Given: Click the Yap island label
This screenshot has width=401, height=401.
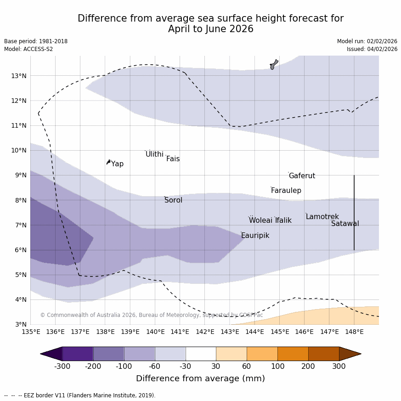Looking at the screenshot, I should pyautogui.click(x=117, y=164).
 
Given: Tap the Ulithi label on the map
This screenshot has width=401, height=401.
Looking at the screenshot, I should pyautogui.click(x=154, y=154).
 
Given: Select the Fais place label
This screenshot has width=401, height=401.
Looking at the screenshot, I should pyautogui.click(x=173, y=159).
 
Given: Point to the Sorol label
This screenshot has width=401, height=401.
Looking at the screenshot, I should pyautogui.click(x=173, y=200).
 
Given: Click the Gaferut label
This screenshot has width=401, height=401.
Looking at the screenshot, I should pyautogui.click(x=302, y=176).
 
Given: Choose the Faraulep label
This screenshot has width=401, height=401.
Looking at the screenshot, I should pyautogui.click(x=286, y=191).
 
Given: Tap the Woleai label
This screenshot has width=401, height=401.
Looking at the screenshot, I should pyautogui.click(x=260, y=220).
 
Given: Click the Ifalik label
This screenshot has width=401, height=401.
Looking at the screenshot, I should pyautogui.click(x=283, y=220).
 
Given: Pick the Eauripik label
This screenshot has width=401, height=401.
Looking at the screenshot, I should pyautogui.click(x=255, y=236).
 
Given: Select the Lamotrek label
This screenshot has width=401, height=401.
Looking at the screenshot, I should pyautogui.click(x=322, y=217).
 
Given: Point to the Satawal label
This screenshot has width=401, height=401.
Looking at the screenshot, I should pyautogui.click(x=345, y=224).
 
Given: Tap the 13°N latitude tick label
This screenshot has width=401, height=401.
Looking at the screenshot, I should pyautogui.click(x=18, y=76).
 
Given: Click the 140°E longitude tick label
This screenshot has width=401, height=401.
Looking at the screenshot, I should pyautogui.click(x=155, y=332).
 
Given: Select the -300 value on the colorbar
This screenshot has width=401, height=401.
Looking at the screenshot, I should pyautogui.click(x=62, y=366).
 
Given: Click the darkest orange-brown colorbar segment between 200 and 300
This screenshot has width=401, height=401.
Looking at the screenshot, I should pyautogui.click(x=323, y=354).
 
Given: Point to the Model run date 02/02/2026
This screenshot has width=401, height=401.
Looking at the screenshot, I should pyautogui.click(x=367, y=41).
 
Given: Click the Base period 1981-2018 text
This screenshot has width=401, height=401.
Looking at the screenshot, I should pyautogui.click(x=36, y=41).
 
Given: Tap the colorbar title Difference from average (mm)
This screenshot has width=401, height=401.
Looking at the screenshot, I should pyautogui.click(x=200, y=378).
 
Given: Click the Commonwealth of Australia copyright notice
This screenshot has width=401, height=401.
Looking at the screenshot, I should pyautogui.click(x=152, y=315).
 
